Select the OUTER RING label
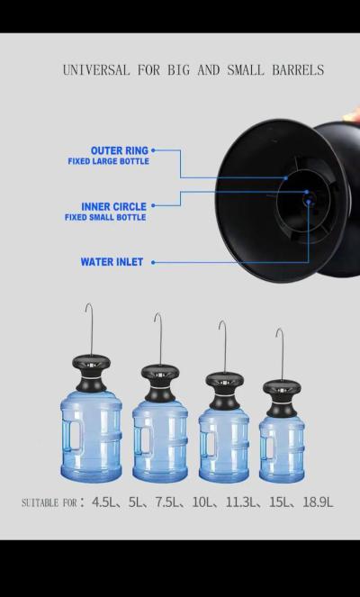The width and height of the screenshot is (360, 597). coord(119,150)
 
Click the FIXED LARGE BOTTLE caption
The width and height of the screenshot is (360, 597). coord(108,162)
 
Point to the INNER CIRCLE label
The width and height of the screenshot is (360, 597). coord(113,206)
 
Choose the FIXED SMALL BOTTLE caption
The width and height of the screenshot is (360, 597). coord(104,217)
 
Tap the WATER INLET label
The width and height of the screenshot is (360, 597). coord(112,262)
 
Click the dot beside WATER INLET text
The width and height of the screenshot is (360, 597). coord(153,262)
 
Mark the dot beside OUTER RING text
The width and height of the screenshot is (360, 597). coord(154,150)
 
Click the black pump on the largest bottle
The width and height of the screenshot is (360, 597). coord(90,370)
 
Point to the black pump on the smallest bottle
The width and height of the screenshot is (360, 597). coord(282,393)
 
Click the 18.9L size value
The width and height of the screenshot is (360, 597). coord(316,502)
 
